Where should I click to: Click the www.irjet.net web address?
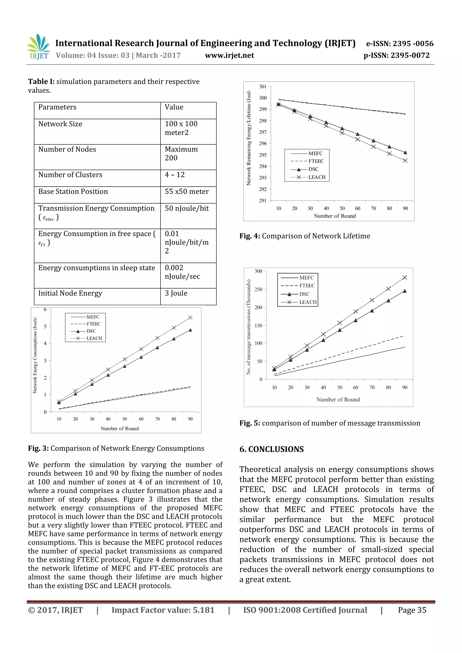229,55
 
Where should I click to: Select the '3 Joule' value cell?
176,293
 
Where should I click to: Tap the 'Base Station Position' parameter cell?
73,191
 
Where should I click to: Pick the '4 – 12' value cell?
175,175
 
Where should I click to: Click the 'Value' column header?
174,107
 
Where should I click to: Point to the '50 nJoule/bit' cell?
187,208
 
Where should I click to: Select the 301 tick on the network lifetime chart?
263,87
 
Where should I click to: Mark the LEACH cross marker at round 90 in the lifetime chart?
405,161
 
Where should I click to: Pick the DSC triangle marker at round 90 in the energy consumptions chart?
190,330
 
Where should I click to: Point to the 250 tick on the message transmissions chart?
259,289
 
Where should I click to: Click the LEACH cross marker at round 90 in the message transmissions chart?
404,277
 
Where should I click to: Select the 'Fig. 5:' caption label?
250,423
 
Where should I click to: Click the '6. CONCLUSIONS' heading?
272,449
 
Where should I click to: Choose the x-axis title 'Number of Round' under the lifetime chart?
335,216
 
